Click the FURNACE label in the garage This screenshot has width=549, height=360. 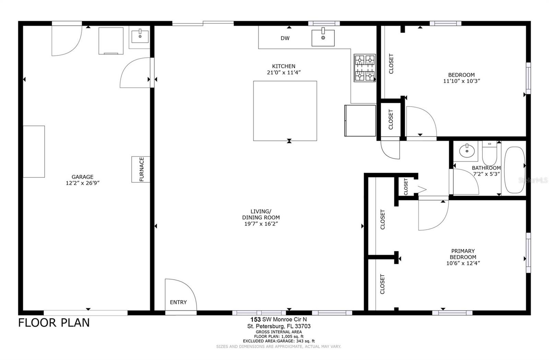[141, 169]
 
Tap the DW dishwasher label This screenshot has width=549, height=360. [285, 38]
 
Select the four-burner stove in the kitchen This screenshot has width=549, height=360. [364, 68]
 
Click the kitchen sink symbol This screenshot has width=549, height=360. [323, 38]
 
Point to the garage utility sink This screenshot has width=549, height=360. [140, 36]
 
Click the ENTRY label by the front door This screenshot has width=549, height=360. [178, 302]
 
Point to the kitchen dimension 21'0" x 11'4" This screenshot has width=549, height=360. [284, 72]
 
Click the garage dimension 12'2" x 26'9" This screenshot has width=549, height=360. [82, 183]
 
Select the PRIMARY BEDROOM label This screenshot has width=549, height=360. [463, 254]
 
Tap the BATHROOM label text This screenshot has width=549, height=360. [486, 168]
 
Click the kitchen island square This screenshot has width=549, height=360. [285, 111]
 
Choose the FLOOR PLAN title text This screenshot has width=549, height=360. [54, 323]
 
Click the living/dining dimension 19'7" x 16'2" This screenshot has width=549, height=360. [260, 224]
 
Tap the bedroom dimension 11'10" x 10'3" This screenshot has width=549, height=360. [461, 81]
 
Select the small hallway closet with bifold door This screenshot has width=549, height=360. [406, 186]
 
